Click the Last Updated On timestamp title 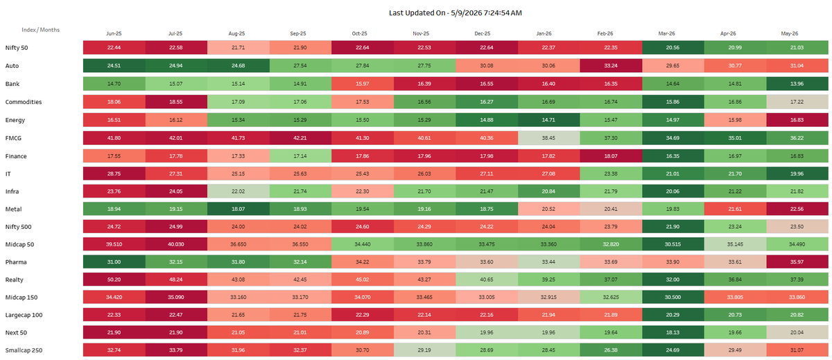455,13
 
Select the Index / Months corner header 40,30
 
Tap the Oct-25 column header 359,33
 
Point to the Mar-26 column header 666,33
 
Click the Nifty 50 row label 17,48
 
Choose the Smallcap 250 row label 24,350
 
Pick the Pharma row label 16,262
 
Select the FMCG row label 13,138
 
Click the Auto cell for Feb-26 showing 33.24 611,66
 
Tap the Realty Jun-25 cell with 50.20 114,280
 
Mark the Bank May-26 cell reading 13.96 797,84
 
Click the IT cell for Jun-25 114,174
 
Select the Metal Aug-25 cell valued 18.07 238,209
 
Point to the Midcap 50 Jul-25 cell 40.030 176,244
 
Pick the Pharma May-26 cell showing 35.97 797,262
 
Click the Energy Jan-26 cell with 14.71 548,120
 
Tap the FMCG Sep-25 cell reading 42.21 300,138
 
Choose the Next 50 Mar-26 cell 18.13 673,333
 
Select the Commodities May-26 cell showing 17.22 797,102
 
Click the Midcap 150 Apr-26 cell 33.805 735,298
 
